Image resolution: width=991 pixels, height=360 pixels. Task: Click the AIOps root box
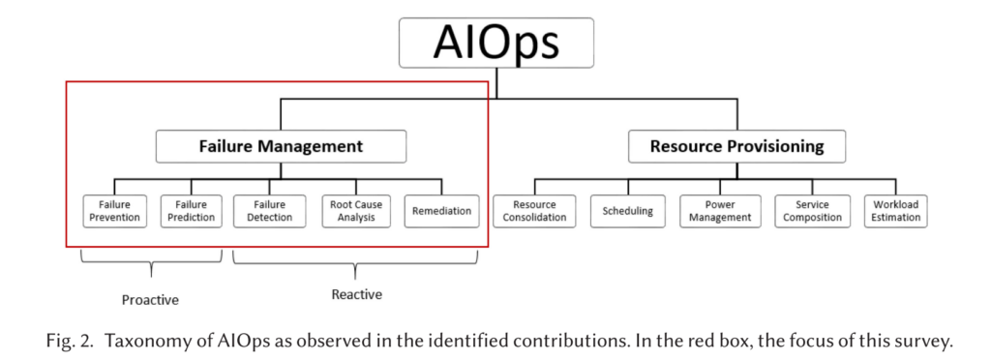495,44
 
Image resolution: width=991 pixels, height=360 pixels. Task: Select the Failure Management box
281,146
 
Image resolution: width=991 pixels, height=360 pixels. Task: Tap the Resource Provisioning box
736,146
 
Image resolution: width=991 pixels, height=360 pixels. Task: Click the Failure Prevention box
114,211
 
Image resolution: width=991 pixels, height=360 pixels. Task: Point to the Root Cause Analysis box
356,211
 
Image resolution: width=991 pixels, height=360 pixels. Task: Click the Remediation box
441,211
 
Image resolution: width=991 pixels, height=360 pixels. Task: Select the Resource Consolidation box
534,211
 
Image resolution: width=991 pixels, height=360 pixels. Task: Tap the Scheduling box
627,211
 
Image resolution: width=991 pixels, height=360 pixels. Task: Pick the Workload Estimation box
895,211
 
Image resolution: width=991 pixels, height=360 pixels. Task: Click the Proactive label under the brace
150,299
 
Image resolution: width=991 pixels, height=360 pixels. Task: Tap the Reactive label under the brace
356,293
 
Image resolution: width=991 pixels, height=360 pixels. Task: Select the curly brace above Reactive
356,261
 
